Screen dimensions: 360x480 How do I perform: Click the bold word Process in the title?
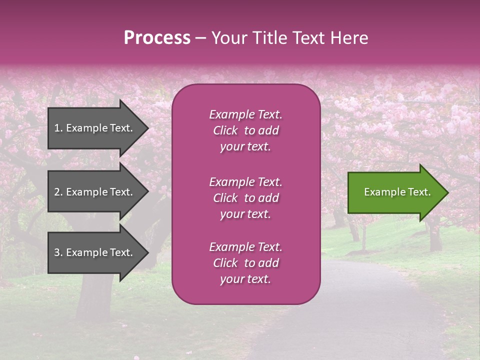(x=157, y=38)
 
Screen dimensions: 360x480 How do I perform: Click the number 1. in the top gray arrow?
(x=58, y=128)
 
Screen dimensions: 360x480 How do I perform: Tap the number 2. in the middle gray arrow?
(x=58, y=192)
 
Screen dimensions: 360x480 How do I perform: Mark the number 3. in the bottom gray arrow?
(x=58, y=252)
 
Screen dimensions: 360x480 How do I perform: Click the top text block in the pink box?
(x=245, y=130)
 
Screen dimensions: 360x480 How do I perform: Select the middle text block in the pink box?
(x=245, y=198)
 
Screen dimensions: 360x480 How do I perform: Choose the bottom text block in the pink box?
(x=245, y=263)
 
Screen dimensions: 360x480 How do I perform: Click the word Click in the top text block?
(x=225, y=130)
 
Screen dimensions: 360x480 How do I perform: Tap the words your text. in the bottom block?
(x=245, y=279)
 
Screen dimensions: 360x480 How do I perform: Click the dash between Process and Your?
(x=200, y=38)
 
